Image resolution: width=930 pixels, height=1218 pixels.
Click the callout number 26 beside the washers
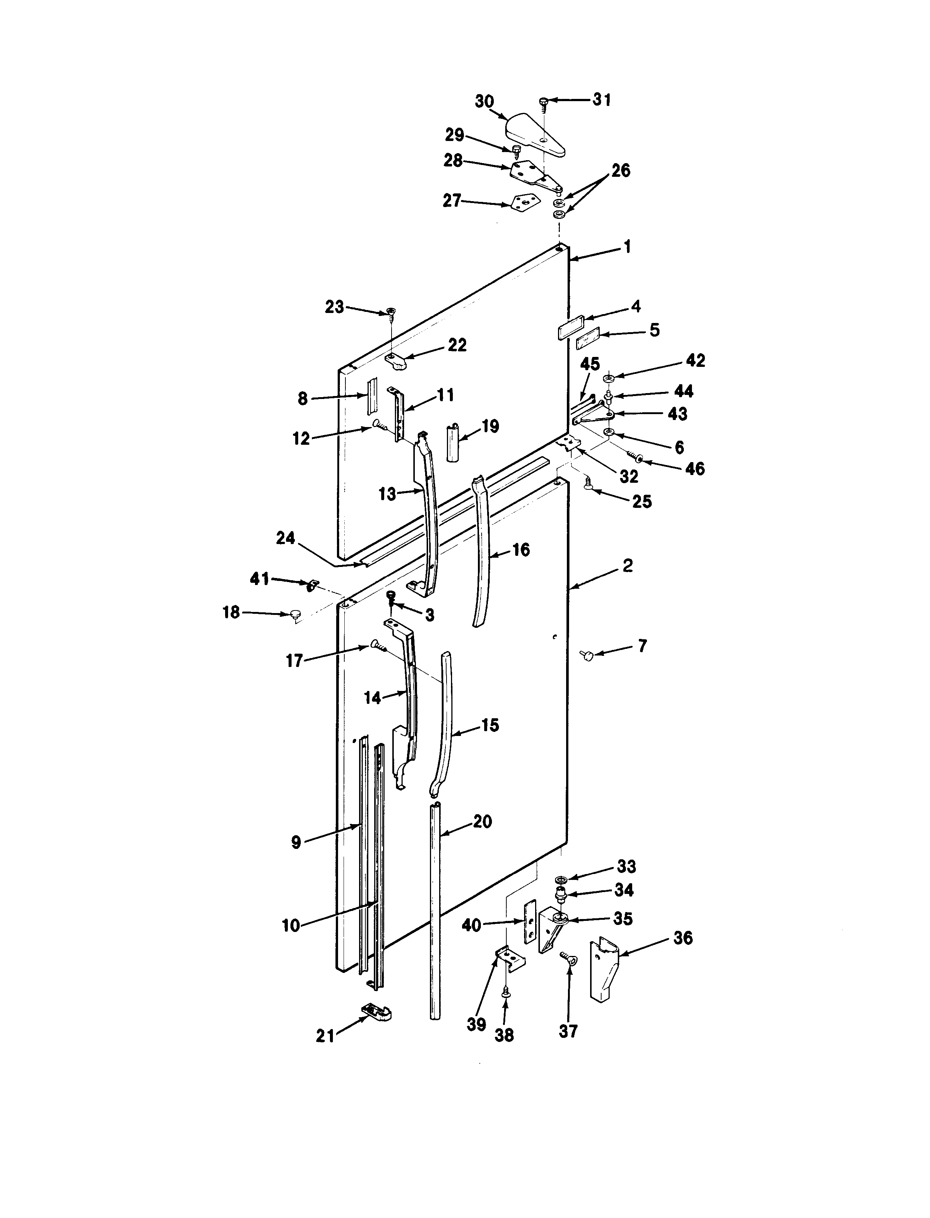point(621,171)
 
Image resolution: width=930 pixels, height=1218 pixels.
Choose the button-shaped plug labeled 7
point(587,656)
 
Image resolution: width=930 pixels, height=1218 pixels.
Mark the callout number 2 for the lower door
point(627,566)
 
